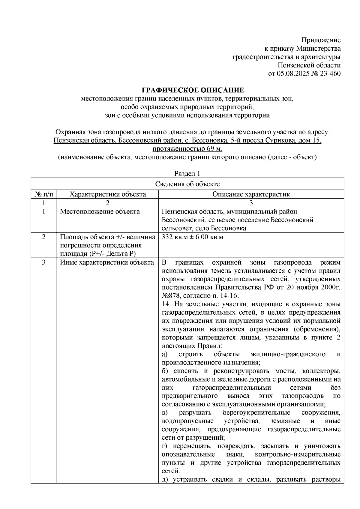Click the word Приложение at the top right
click(321, 40)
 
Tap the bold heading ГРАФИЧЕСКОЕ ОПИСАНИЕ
click(193, 90)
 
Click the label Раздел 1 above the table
click(187, 174)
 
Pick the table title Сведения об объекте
click(187, 184)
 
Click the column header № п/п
click(44, 194)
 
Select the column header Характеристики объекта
click(108, 194)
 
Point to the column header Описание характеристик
click(251, 194)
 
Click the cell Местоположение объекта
click(100, 211)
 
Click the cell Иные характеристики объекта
click(107, 262)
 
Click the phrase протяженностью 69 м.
click(187, 149)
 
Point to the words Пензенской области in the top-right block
click(309, 65)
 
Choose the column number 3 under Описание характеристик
click(251, 203)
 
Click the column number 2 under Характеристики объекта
click(108, 203)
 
